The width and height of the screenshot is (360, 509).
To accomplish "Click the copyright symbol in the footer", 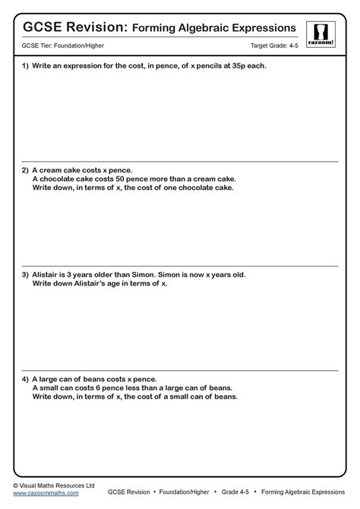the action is pos(17,485).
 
